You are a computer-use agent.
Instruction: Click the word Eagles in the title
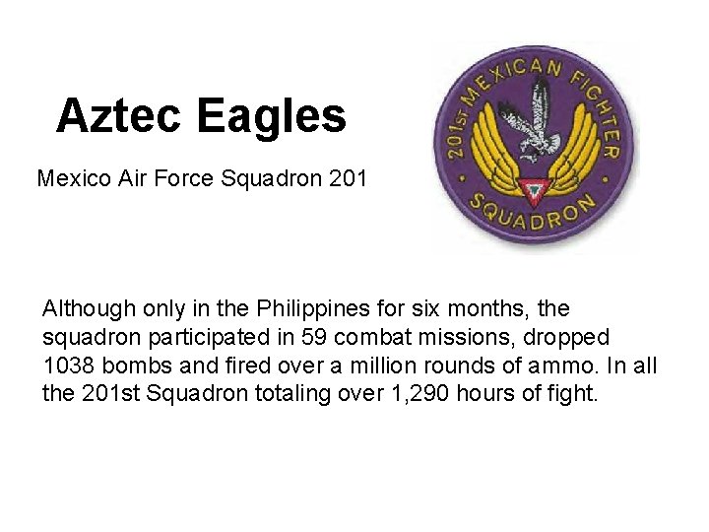point(271,116)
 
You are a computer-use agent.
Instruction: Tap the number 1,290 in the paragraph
point(434,393)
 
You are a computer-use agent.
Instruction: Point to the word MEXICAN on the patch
point(511,80)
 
